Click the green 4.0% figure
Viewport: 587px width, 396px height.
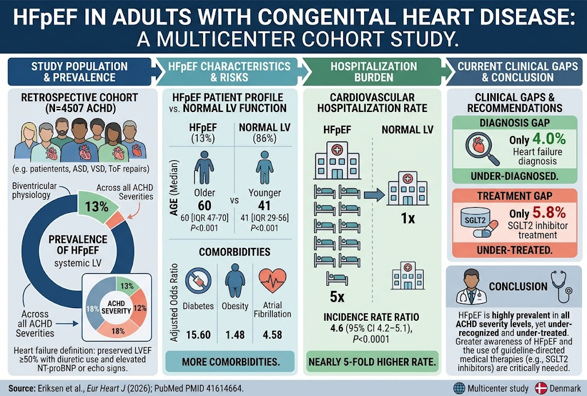549,139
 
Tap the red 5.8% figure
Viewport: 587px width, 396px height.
549,213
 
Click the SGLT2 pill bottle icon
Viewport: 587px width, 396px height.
479,223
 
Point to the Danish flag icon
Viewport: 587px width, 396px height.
541,389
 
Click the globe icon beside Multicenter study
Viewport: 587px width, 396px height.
459,389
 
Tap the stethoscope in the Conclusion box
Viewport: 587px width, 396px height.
561,287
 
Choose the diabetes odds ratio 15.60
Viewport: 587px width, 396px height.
198,335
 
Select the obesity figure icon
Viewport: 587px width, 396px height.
235,281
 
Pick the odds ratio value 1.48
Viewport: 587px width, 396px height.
235,335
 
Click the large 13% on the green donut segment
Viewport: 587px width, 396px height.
96,207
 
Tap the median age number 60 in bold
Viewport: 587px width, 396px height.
205,205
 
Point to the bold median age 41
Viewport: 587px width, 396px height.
264,205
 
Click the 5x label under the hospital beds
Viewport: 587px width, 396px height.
337,297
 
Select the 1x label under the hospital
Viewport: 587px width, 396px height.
408,218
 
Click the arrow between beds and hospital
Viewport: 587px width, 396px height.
374,195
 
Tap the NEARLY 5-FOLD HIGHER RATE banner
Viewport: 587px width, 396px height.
372,362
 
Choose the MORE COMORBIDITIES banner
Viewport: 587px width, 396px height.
230,362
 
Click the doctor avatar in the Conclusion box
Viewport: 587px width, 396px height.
471,286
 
